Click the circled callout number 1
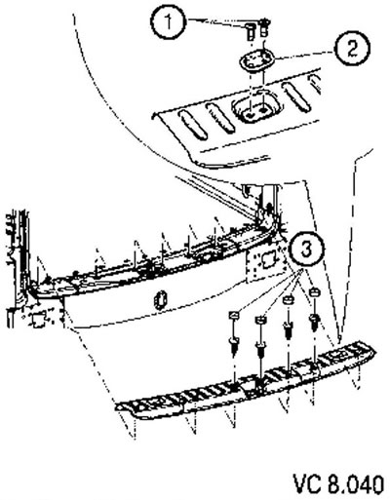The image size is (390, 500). [169, 22]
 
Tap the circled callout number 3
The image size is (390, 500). [307, 250]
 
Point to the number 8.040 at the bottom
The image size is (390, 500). [356, 484]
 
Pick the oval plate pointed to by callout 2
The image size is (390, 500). [257, 60]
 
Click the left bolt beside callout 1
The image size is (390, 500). [250, 31]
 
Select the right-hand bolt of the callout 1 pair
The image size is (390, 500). [265, 26]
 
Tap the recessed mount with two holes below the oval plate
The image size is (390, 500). [255, 110]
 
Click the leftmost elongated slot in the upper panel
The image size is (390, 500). [192, 125]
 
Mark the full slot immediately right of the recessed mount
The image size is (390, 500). [295, 96]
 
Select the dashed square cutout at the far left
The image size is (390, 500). [38, 319]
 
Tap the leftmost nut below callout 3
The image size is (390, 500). [235, 315]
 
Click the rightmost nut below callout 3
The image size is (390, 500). [314, 292]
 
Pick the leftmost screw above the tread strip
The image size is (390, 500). [234, 346]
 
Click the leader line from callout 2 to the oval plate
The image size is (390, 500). [305, 56]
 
